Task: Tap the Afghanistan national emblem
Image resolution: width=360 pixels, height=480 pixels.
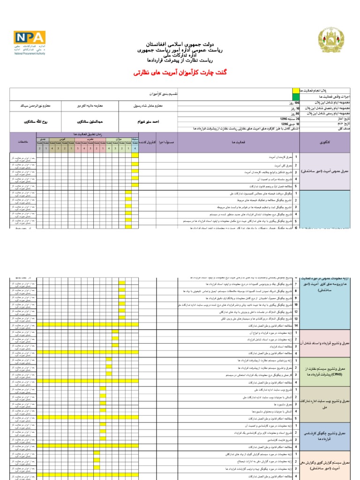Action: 330,41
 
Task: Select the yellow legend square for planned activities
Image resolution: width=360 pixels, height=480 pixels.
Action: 294,90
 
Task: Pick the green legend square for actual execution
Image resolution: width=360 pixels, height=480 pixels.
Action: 294,96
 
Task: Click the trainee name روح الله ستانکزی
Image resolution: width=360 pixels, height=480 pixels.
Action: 23,121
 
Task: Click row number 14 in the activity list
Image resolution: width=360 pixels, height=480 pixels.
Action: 296,325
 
